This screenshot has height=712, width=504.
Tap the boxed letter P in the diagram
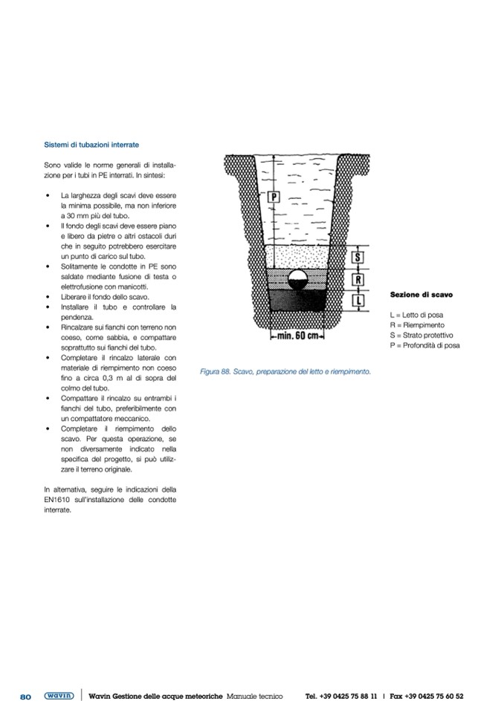point(273,197)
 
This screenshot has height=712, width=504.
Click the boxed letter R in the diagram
point(358,280)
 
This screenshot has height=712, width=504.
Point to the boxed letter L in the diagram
point(358,301)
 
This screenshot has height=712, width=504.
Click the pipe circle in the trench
point(298,280)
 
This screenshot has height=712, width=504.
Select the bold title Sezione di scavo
point(421,295)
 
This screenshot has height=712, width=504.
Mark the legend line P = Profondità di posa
point(424,345)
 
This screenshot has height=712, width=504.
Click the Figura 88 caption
point(285,371)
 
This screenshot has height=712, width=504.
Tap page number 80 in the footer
point(25,696)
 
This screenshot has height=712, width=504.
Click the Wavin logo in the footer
point(59,696)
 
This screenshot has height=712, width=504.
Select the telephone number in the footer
point(341,696)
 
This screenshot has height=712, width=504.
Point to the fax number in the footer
point(427,696)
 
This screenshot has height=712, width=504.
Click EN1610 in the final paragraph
point(58,500)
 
